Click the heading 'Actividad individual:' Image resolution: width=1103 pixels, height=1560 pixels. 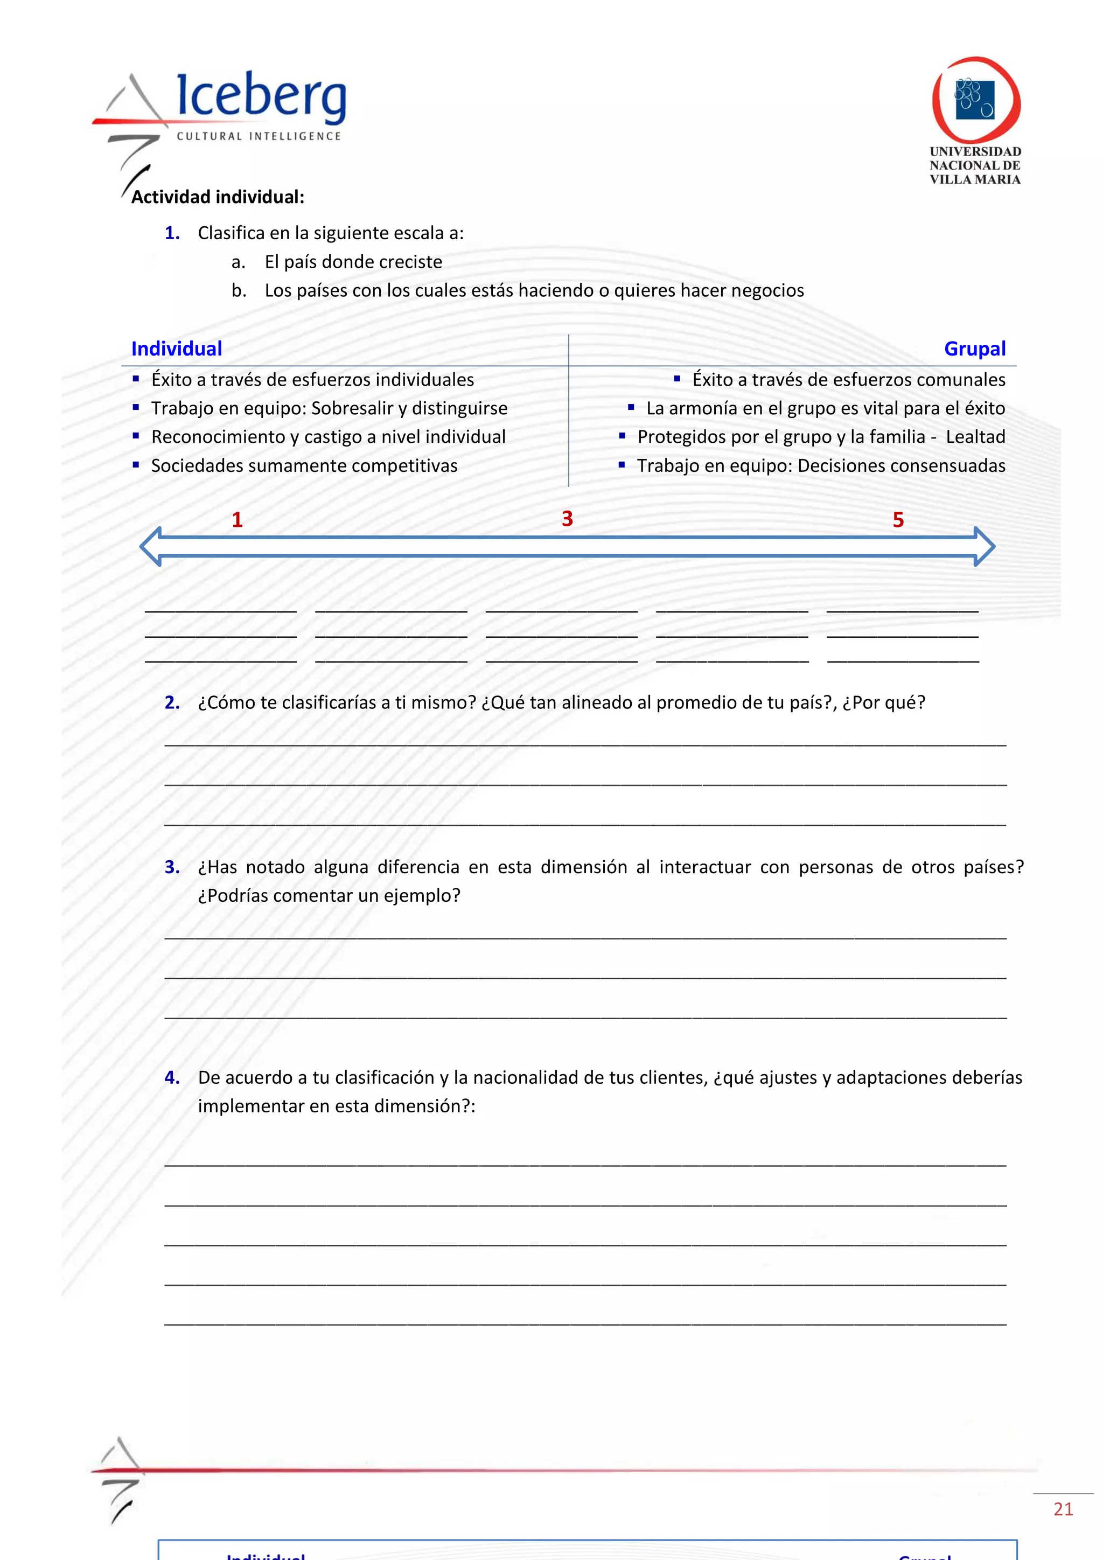[218, 197]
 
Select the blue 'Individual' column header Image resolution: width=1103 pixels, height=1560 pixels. [177, 349]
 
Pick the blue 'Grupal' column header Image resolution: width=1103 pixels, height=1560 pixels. [975, 349]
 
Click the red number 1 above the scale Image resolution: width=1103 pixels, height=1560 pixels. [237, 520]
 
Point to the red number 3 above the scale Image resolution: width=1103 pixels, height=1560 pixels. [567, 518]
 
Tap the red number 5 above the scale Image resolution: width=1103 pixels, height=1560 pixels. [898, 520]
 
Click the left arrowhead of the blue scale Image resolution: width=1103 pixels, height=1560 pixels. [151, 546]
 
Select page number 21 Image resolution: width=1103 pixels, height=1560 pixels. [1063, 1509]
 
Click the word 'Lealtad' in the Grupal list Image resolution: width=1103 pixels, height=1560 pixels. [975, 437]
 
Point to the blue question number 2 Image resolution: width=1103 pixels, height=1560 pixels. [172, 702]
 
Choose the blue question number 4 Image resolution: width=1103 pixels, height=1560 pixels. [172, 1077]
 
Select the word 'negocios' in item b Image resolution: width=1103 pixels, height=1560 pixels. [765, 291]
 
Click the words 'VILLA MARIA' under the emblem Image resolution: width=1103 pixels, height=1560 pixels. [975, 179]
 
